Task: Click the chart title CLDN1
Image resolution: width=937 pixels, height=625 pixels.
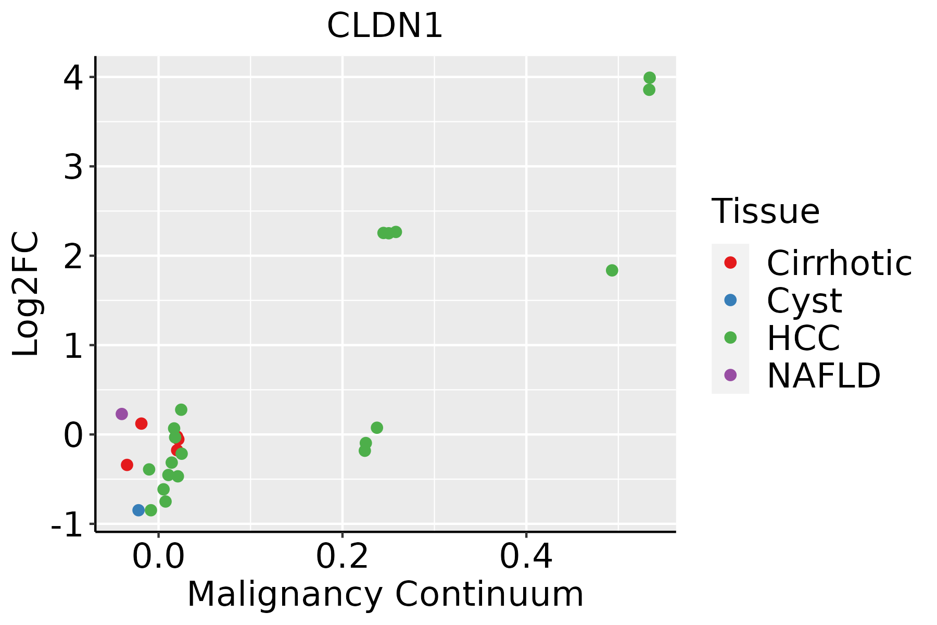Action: point(385,26)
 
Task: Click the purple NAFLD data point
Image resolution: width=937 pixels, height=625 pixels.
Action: point(122,414)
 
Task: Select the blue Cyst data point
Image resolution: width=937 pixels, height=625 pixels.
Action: point(138,510)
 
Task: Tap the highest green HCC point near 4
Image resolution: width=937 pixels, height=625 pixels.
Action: point(649,78)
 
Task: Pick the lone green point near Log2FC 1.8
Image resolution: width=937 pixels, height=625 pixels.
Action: point(612,270)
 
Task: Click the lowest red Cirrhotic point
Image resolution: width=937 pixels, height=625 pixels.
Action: point(127,465)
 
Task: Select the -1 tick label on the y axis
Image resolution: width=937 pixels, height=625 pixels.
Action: point(67,525)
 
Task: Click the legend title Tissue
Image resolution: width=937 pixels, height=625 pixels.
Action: point(765,211)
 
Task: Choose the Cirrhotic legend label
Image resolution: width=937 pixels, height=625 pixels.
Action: point(839,263)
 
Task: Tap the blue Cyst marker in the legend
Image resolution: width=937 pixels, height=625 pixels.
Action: point(730,300)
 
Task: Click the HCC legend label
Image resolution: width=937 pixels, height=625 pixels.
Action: point(803,337)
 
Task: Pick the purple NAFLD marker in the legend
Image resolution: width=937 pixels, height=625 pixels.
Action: point(730,374)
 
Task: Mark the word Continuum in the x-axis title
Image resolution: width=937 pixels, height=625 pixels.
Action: point(489,594)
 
